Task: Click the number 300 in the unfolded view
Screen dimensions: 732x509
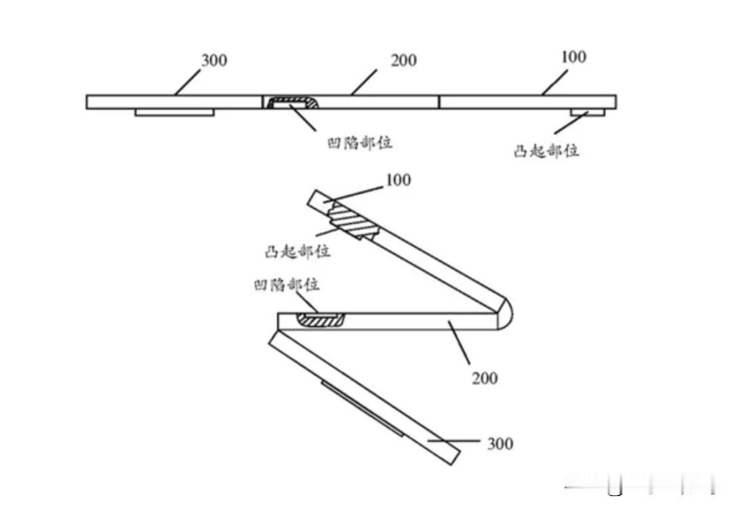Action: click(214, 60)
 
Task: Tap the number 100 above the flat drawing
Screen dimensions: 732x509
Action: click(573, 57)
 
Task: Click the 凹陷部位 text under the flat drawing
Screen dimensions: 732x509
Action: click(360, 143)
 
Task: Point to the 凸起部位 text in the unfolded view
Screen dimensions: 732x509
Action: click(546, 151)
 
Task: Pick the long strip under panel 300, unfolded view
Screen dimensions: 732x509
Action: click(174, 112)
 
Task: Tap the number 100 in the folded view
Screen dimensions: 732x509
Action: click(398, 181)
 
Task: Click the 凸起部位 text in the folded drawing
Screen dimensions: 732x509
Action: click(298, 252)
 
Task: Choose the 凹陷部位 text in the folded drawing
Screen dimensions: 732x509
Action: click(286, 285)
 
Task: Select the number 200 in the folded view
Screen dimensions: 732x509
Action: click(484, 377)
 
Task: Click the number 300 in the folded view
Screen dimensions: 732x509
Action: click(500, 444)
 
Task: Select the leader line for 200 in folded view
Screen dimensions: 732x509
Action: click(461, 345)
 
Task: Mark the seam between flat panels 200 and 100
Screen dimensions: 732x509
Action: click(439, 102)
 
